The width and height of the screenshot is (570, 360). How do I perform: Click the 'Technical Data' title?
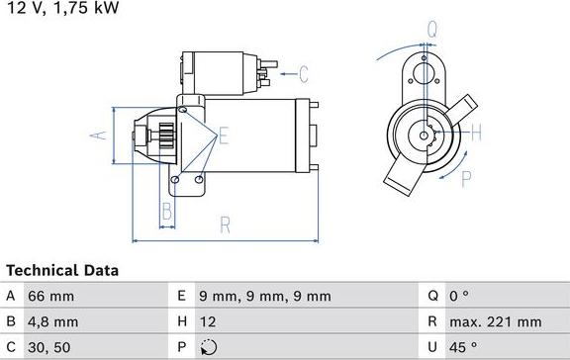pos(62,270)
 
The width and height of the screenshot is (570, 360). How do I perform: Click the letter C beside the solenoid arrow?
pos(304,72)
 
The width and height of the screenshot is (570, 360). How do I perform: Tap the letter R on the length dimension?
pos(226,225)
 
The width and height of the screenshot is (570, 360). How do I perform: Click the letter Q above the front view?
pos(431,30)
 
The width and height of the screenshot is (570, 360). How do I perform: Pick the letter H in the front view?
pos(475,132)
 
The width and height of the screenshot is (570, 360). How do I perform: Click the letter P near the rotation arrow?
pos(466,178)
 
